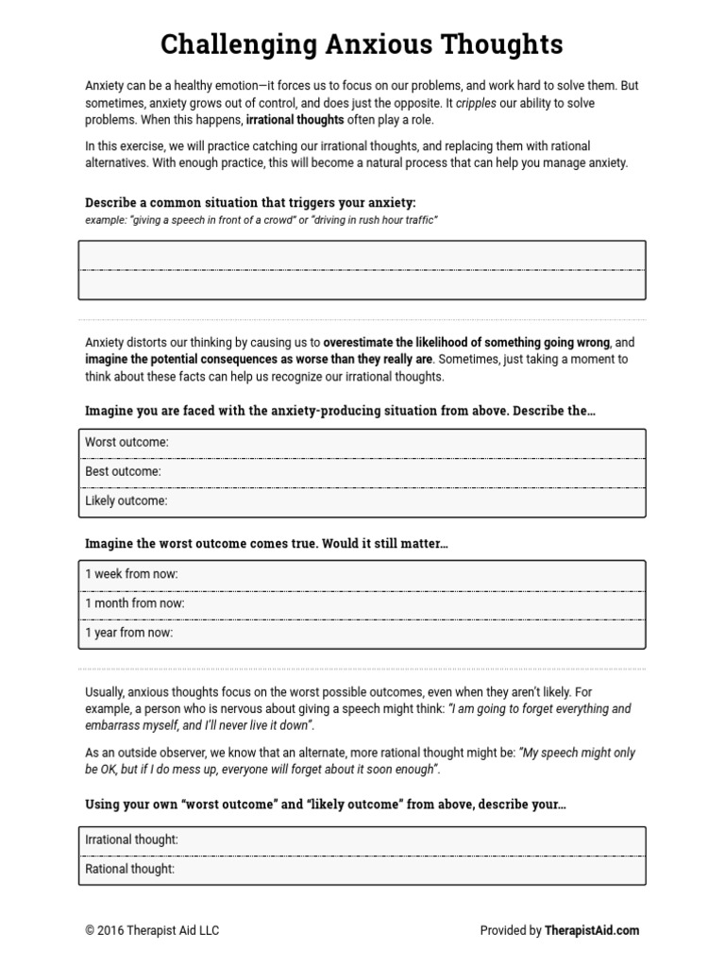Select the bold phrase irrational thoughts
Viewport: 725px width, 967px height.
[295, 121]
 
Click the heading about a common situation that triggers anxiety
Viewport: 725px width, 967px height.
[250, 203]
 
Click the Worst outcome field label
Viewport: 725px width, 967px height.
[126, 443]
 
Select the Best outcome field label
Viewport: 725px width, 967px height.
[123, 471]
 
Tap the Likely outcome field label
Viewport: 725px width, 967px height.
[126, 500]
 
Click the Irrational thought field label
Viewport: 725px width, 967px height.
[131, 840]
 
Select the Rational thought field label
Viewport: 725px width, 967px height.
[129, 869]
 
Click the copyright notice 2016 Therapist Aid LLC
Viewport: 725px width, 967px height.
[152, 930]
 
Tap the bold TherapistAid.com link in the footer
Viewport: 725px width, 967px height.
[592, 930]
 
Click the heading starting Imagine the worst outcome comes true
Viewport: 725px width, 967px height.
[266, 544]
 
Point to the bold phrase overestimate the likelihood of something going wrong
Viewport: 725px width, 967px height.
[467, 342]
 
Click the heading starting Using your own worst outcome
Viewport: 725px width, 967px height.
[326, 805]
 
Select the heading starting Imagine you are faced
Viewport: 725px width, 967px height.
[340, 412]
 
